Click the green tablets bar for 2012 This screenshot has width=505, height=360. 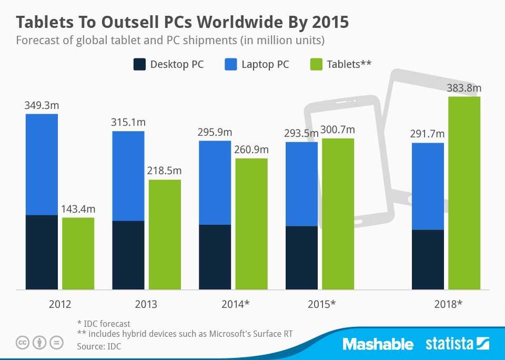[78, 253]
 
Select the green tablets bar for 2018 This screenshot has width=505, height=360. [464, 193]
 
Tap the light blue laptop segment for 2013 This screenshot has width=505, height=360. [128, 176]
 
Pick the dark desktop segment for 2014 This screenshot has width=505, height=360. [215, 257]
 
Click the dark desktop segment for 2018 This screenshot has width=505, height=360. [428, 259]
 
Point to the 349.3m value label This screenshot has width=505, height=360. [41, 105]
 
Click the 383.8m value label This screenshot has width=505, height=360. [464, 88]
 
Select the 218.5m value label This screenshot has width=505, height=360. [164, 171]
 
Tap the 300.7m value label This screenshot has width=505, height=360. [338, 130]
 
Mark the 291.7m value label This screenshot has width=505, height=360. [427, 134]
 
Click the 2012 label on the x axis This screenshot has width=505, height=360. [59, 304]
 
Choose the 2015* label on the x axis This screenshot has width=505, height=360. [320, 304]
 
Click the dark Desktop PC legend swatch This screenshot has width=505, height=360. [139, 65]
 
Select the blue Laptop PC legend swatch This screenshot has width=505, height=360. [230, 65]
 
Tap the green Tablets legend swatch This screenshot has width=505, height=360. [315, 65]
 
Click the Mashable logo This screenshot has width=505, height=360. [378, 344]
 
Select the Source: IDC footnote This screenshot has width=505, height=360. [99, 346]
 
